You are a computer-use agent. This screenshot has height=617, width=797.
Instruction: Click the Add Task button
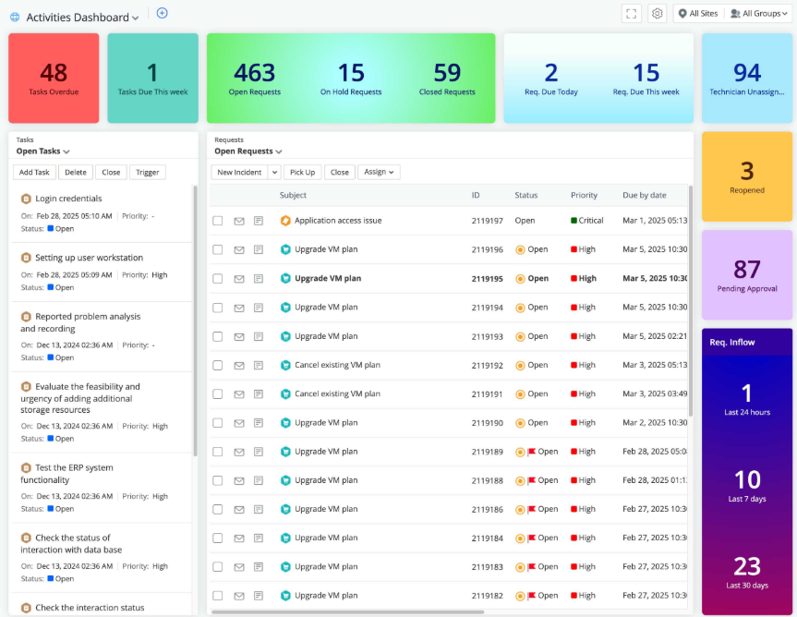(x=34, y=172)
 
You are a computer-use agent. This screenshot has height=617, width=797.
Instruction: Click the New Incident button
(x=239, y=172)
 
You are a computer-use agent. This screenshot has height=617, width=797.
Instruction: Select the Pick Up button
(x=302, y=172)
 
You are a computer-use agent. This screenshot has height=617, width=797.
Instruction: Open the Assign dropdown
(x=378, y=172)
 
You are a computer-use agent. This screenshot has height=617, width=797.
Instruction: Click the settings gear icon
(x=658, y=14)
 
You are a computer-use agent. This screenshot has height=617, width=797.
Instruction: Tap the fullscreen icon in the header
(x=632, y=14)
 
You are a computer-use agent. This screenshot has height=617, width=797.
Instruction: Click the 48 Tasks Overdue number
(x=54, y=72)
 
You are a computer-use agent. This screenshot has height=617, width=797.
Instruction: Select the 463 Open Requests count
(x=254, y=72)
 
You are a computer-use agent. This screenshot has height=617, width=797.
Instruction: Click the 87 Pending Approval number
(x=746, y=269)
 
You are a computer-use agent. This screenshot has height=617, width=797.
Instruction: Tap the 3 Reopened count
(x=746, y=171)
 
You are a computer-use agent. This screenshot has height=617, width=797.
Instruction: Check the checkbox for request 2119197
(x=218, y=221)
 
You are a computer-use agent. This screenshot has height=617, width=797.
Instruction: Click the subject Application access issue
(x=338, y=221)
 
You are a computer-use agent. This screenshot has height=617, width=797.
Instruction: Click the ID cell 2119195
(x=487, y=278)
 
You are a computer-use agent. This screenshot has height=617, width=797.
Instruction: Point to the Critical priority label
(x=591, y=221)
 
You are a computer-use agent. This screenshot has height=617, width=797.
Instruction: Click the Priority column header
(x=584, y=195)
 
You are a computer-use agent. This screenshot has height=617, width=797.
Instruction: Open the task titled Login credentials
(x=68, y=199)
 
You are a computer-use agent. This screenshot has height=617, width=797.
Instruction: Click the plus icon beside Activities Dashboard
(x=162, y=13)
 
